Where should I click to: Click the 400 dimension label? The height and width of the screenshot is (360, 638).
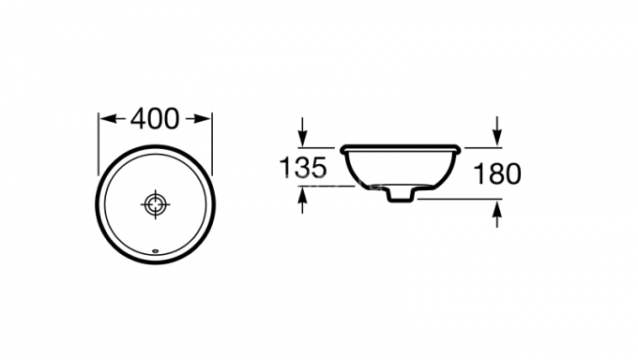(155, 119)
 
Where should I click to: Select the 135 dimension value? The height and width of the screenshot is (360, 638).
(302, 168)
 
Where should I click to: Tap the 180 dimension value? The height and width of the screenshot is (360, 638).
(497, 172)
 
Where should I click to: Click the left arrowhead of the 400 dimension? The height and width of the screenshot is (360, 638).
(104, 119)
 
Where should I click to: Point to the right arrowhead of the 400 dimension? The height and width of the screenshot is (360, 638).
(206, 119)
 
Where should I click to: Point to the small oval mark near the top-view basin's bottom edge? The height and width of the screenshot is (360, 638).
(155, 249)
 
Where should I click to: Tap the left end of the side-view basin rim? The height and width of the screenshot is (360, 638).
(343, 148)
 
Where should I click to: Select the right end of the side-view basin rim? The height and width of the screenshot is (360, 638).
(460, 148)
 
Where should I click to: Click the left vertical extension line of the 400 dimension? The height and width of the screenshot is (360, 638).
(99, 141)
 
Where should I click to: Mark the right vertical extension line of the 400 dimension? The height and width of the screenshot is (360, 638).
(212, 141)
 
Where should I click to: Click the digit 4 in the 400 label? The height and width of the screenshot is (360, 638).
(138, 119)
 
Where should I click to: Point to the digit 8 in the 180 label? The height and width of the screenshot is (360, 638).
(497, 172)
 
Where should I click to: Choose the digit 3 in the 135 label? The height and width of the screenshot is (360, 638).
(302, 168)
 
